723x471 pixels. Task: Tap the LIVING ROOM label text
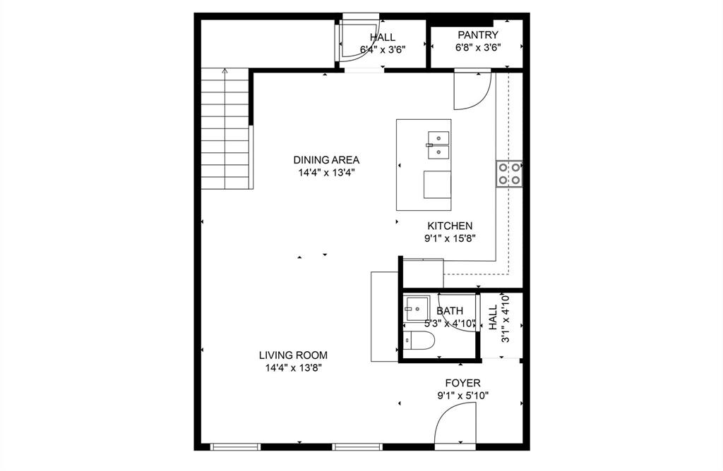pyautogui.click(x=292, y=355)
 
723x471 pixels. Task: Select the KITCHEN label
pyautogui.click(x=450, y=226)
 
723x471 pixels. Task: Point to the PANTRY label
pyautogui.click(x=477, y=35)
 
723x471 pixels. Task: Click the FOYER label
pyautogui.click(x=462, y=383)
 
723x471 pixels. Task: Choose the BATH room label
pyautogui.click(x=450, y=310)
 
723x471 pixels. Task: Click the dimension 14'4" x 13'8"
pyautogui.click(x=292, y=367)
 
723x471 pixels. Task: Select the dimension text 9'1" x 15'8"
pyautogui.click(x=450, y=238)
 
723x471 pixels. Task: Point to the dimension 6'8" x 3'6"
pyautogui.click(x=477, y=48)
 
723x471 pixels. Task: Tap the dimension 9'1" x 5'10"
pyautogui.click(x=462, y=396)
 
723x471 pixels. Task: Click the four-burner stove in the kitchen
pyautogui.click(x=509, y=173)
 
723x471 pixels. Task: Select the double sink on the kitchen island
pyautogui.click(x=438, y=145)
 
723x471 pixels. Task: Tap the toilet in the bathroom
pyautogui.click(x=417, y=342)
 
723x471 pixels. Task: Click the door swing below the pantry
pyautogui.click(x=469, y=90)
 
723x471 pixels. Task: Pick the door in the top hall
pyautogui.click(x=350, y=44)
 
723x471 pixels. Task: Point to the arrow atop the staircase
pyautogui.click(x=225, y=71)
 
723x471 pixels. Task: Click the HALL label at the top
pyautogui.click(x=382, y=37)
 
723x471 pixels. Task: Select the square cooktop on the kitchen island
pyautogui.click(x=437, y=185)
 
